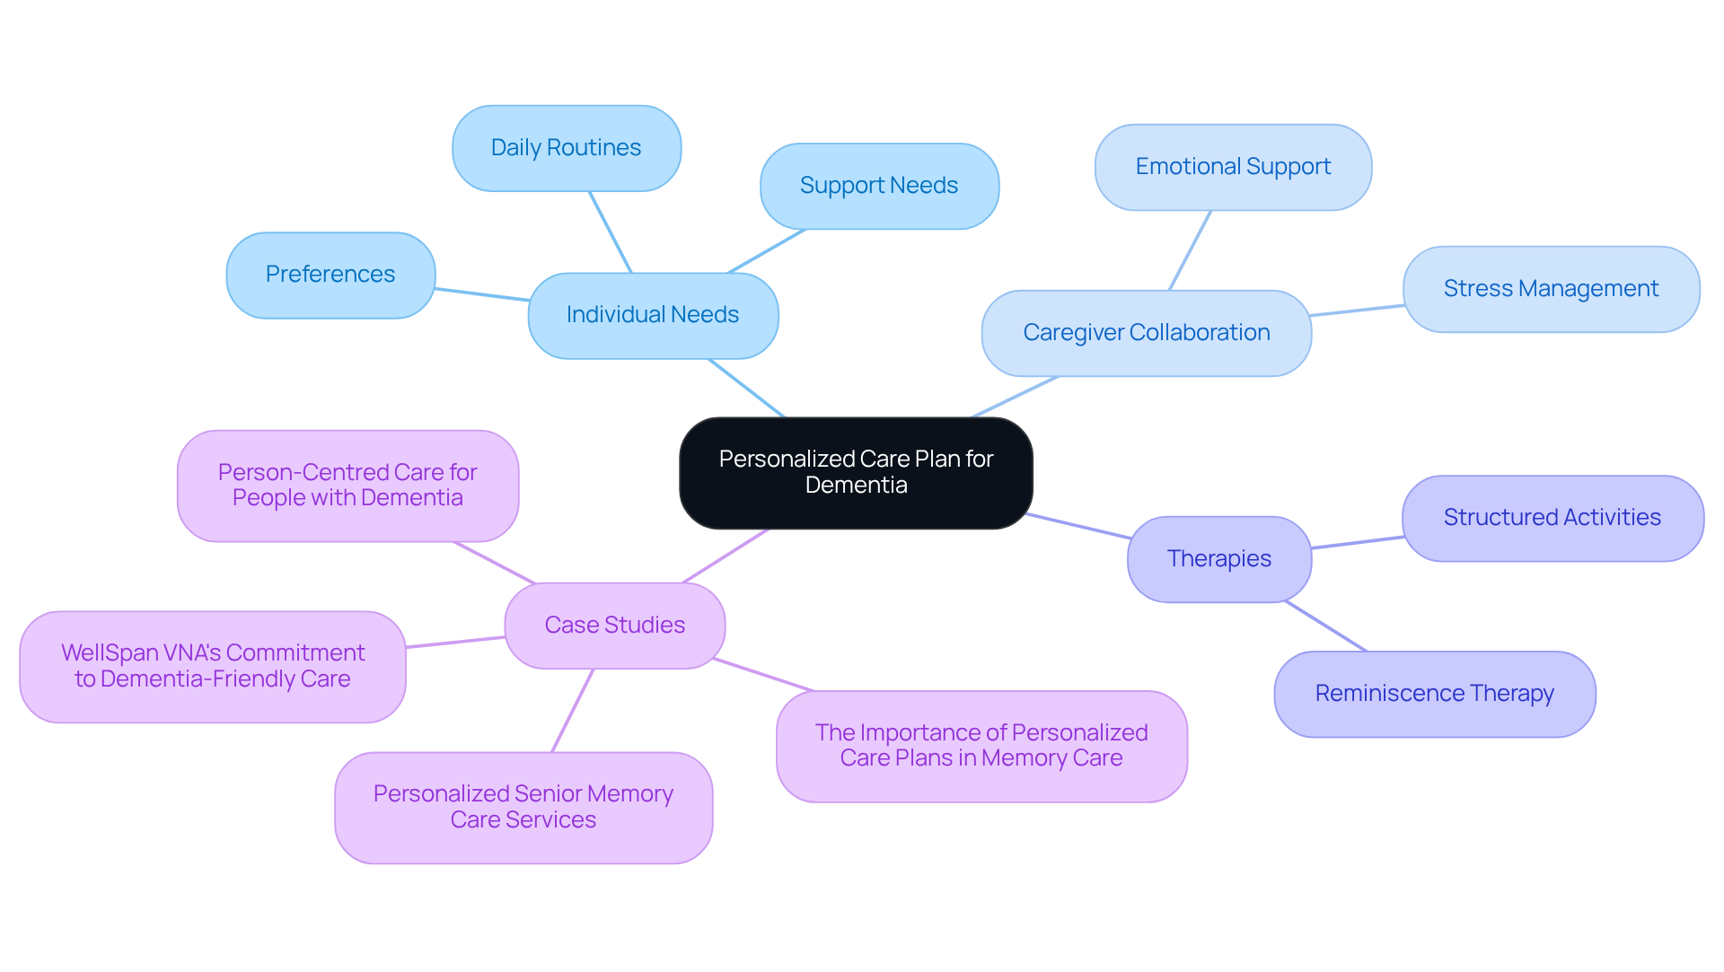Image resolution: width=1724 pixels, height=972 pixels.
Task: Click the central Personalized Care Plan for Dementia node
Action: pos(856,472)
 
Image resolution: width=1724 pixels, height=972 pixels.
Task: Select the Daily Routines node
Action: pos(567,148)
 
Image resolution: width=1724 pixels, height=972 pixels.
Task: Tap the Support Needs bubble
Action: pos(879,186)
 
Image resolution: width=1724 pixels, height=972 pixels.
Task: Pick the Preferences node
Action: pos(330,275)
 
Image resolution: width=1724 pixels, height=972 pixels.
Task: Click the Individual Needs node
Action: pos(653,315)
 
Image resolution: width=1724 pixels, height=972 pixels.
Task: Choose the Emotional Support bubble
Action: pos(1233,167)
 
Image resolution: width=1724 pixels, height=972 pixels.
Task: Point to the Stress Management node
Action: pos(1551,289)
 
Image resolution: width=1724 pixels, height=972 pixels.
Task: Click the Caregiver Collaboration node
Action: pos(1147,333)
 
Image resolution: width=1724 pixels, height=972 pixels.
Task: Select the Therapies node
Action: pos(1219,559)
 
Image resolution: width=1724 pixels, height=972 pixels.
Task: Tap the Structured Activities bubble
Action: pos(1552,518)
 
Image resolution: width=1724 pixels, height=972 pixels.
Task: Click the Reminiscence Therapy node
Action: pos(1434,694)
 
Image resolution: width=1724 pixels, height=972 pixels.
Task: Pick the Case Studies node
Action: pos(615,626)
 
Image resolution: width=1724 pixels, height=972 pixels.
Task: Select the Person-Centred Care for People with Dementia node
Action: pos(347,486)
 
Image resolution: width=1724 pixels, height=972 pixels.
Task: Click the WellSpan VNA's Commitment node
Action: pos(213,666)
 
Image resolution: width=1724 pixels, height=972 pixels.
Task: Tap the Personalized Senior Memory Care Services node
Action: pos(523,807)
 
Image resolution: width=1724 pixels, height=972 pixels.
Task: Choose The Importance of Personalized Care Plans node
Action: pos(981,746)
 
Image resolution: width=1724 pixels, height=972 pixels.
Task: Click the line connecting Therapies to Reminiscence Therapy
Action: pos(1326,626)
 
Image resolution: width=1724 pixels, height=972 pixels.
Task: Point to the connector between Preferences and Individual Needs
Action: pos(482,294)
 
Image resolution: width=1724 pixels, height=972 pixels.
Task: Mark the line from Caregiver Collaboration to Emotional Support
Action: pos(1190,250)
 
